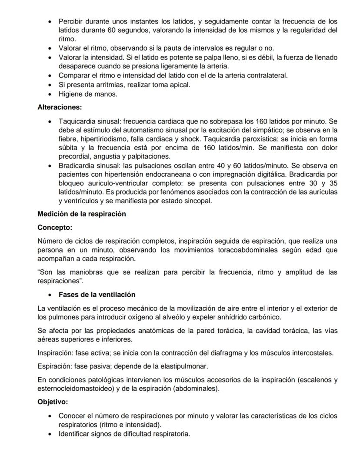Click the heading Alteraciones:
(x=60, y=107)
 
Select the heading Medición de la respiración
(x=81, y=214)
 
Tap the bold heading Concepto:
(x=55, y=227)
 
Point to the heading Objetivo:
(x=53, y=402)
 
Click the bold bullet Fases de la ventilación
(x=97, y=295)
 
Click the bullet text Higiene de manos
(x=88, y=94)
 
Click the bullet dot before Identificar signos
(x=51, y=434)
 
